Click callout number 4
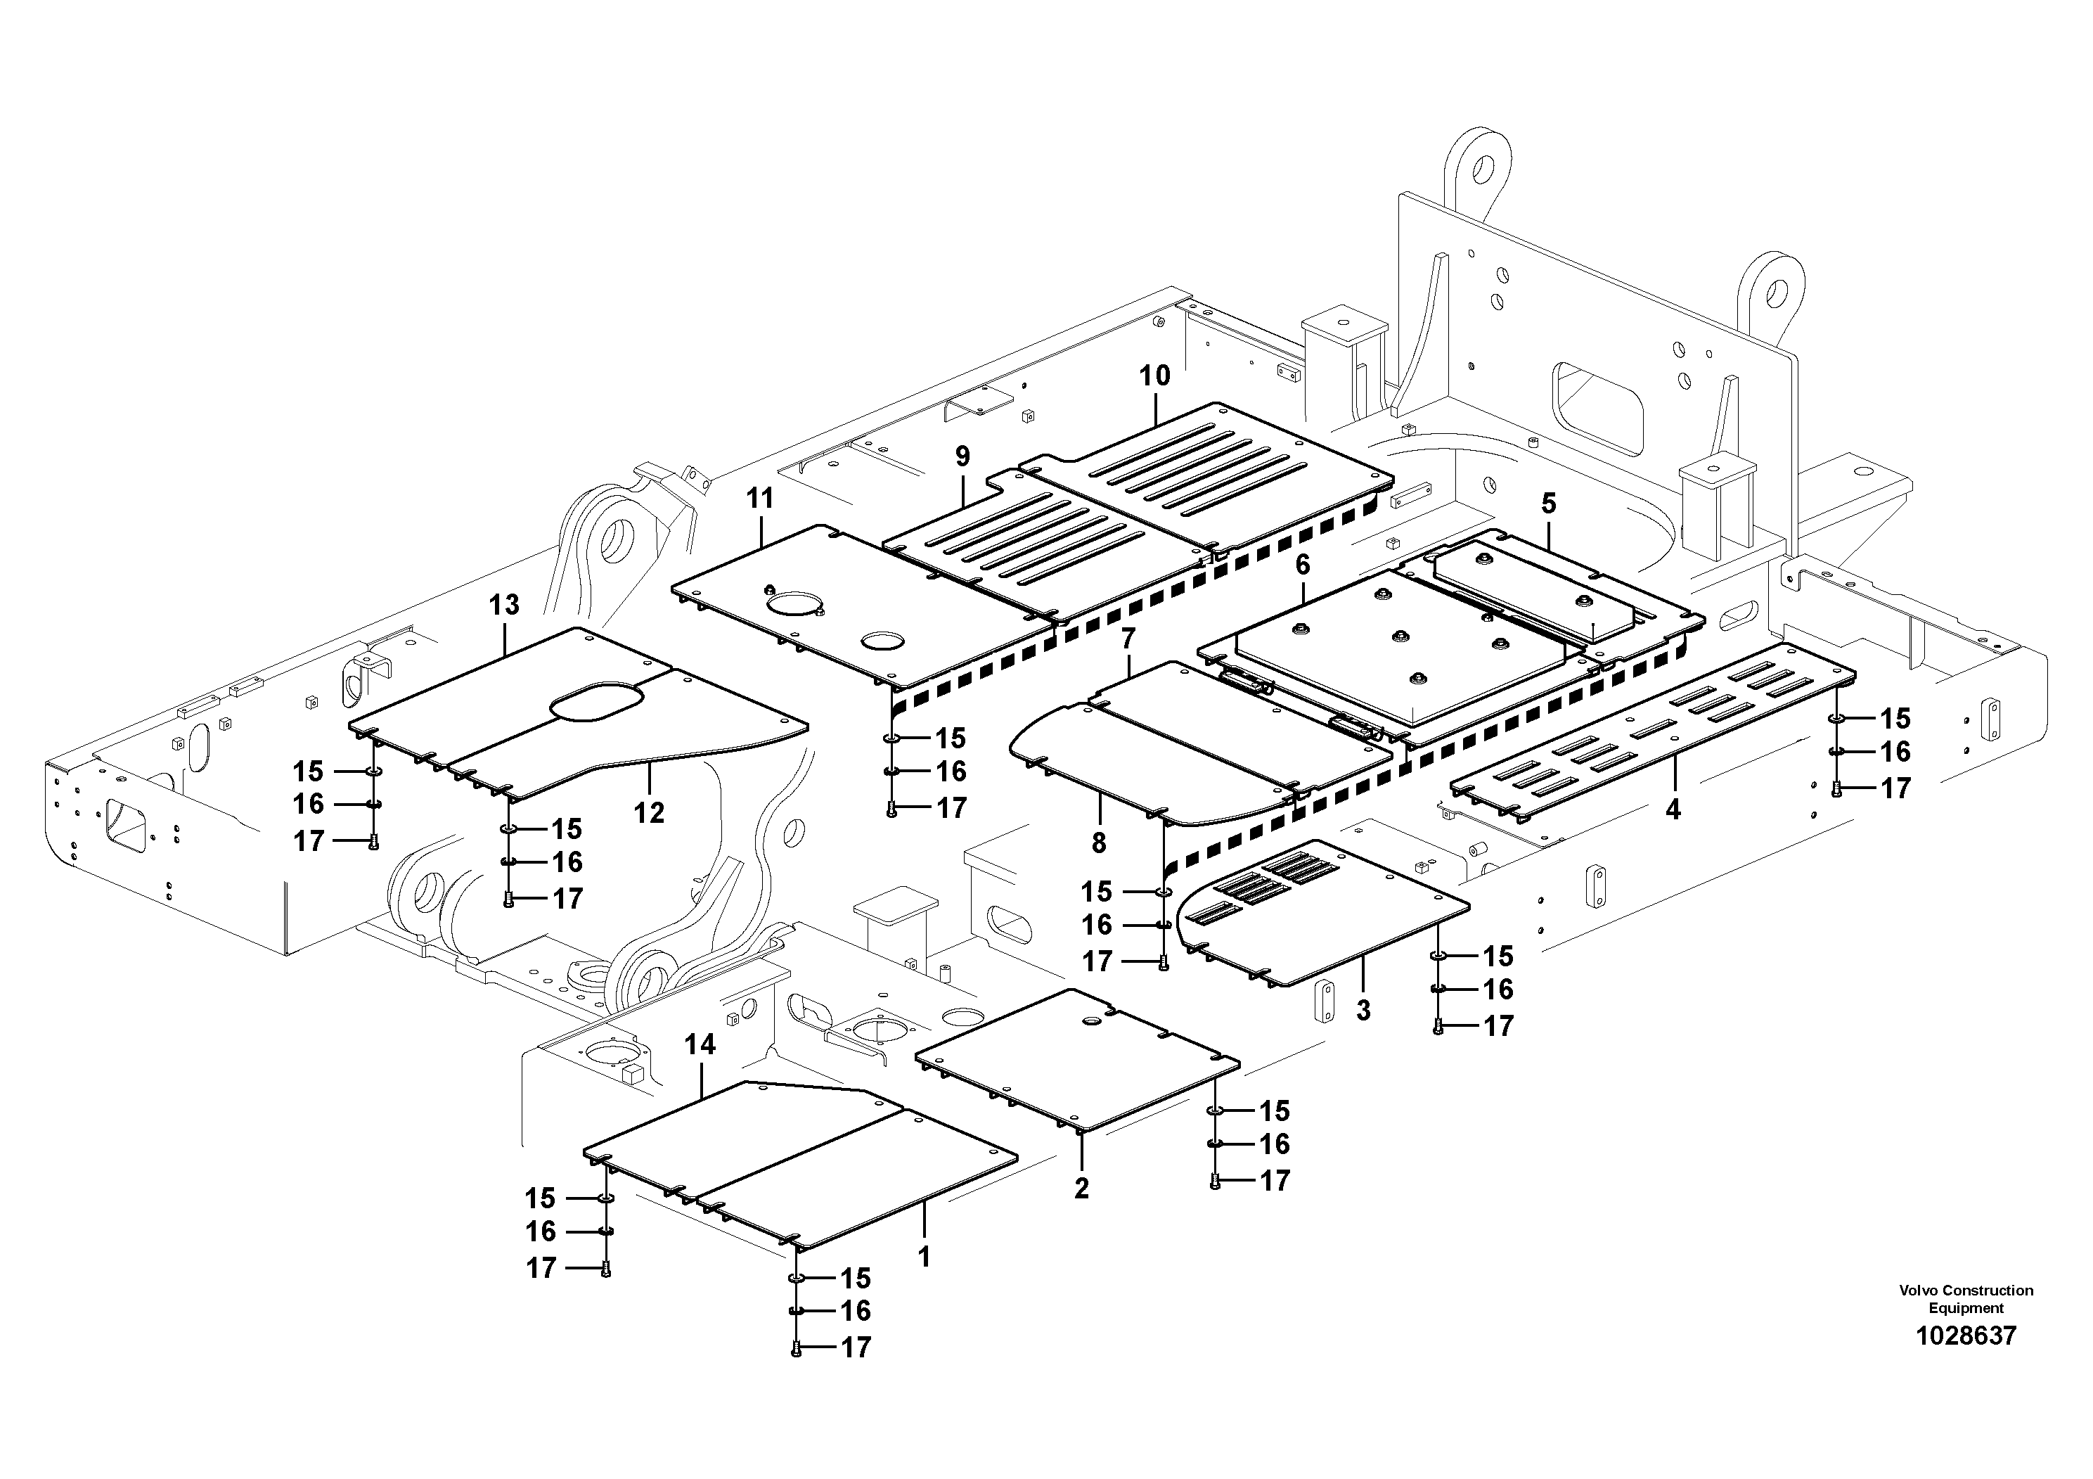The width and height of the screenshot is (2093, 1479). point(1673,809)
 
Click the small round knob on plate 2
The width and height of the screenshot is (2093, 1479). point(1088,1024)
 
